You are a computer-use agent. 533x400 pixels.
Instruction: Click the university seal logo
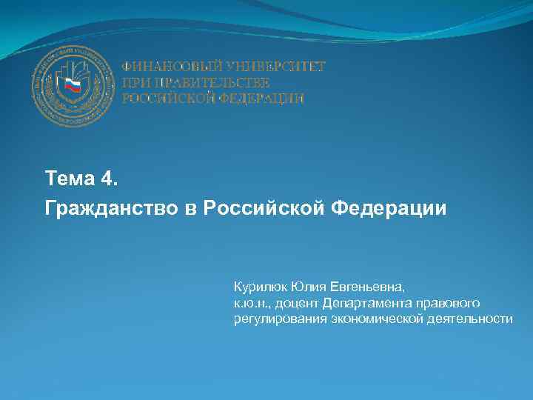pos(73,86)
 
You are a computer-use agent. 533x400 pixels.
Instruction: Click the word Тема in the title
pos(67,179)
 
